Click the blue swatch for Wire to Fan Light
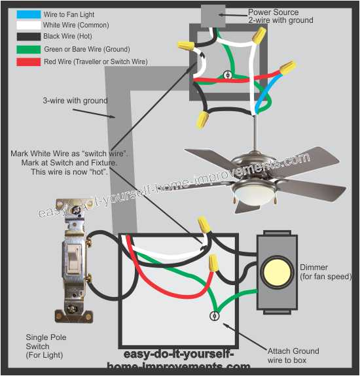tap(28, 13)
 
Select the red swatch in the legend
tap(28, 62)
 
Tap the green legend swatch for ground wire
tap(28, 49)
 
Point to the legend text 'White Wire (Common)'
tap(76, 25)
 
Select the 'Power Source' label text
tap(274, 12)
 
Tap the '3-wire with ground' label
tap(75, 101)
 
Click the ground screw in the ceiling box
tap(228, 75)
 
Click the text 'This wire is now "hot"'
tap(69, 172)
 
